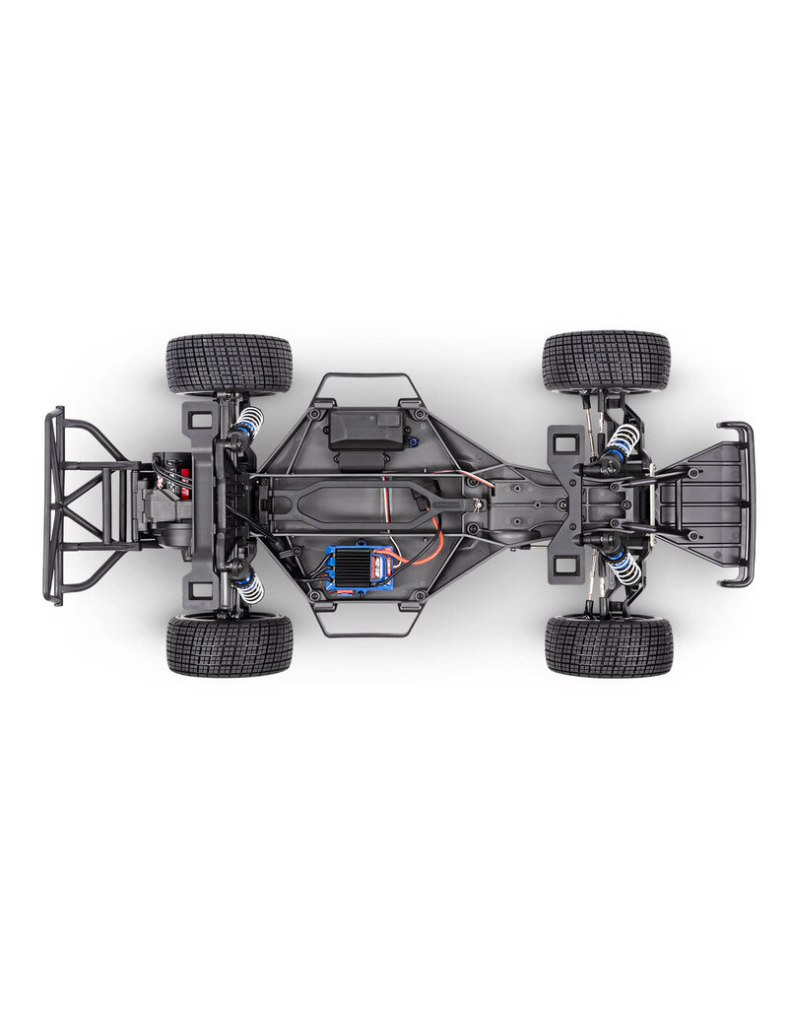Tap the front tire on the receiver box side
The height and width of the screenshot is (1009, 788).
[x=606, y=362]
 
